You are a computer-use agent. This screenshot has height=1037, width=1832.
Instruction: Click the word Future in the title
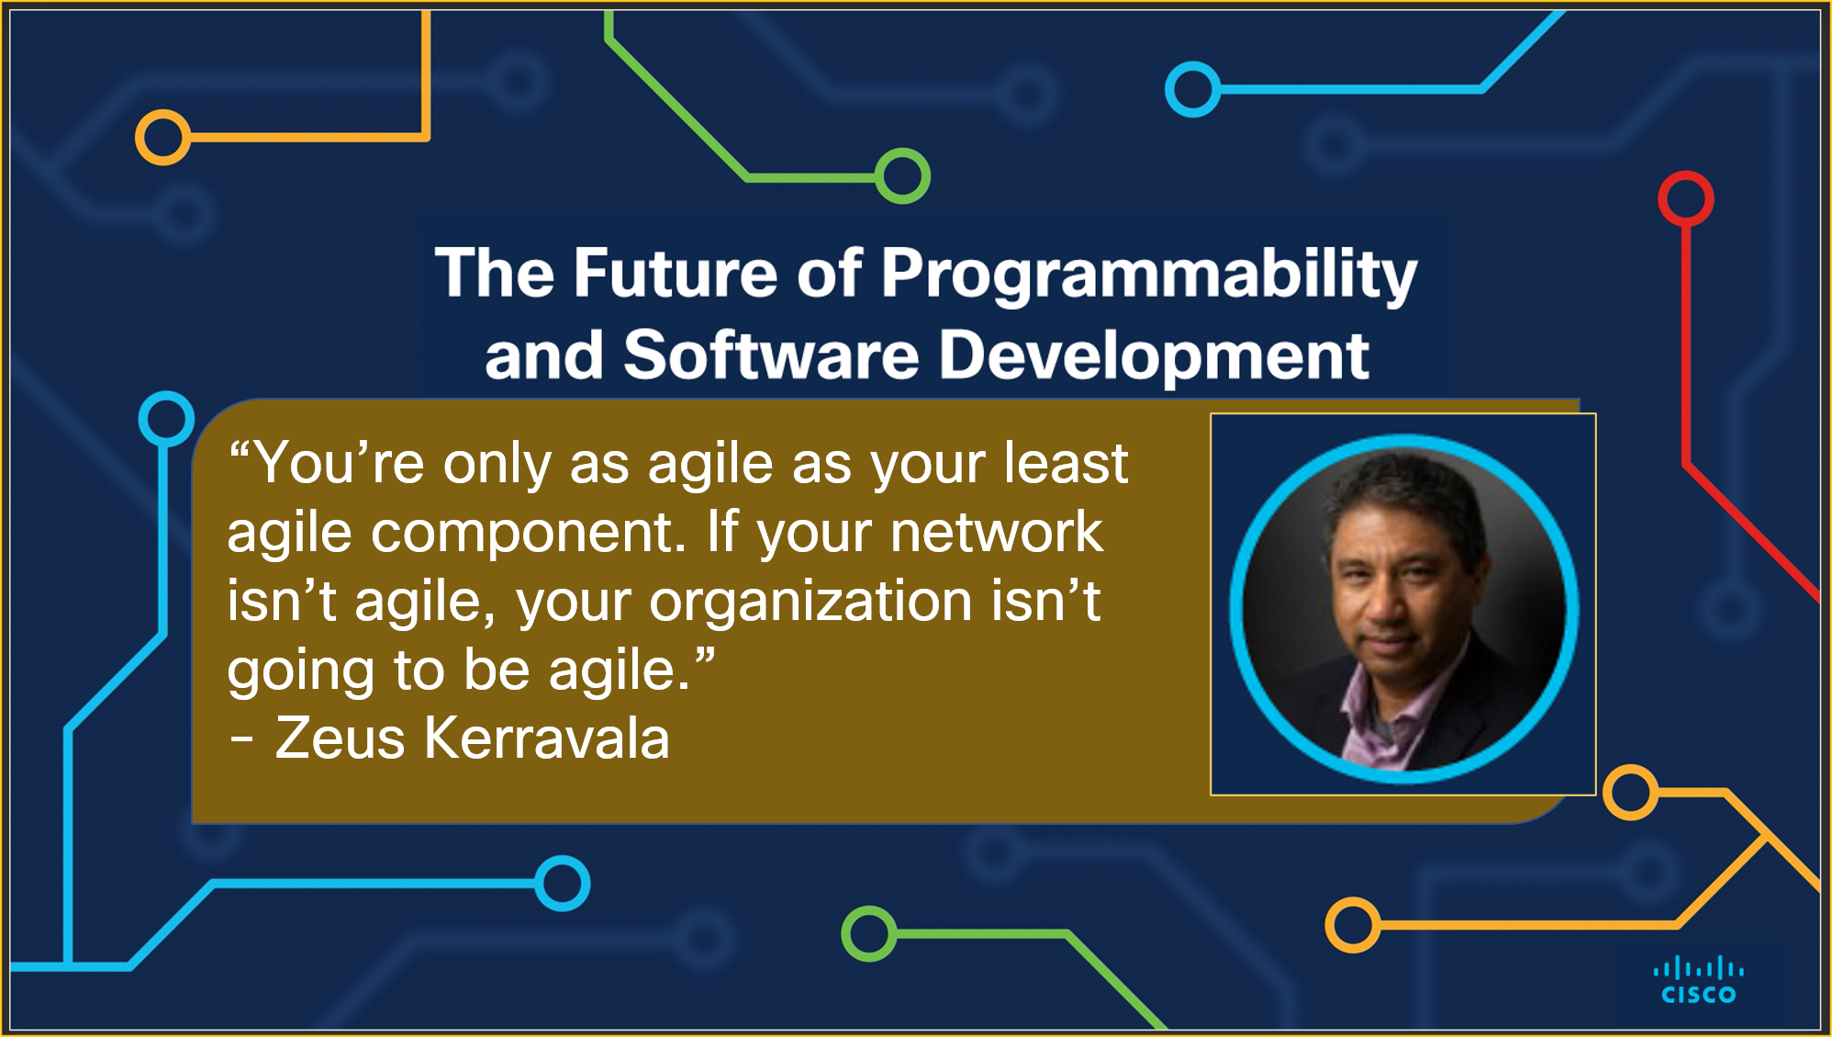pos(676,274)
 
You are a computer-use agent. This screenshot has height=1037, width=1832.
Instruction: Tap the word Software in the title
pos(771,356)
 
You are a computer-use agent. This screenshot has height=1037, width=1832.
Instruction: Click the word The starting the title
pos(495,274)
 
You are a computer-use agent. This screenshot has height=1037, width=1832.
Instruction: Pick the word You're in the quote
pos(339,463)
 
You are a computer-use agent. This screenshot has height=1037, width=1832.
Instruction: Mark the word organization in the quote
pos(810,603)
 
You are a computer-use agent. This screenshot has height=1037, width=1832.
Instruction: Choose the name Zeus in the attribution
pos(340,738)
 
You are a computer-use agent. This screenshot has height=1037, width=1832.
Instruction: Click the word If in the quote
pos(722,533)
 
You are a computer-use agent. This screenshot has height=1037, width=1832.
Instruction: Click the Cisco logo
pos(1698,981)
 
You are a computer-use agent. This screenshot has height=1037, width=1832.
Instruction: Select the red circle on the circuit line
pos(1685,198)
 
